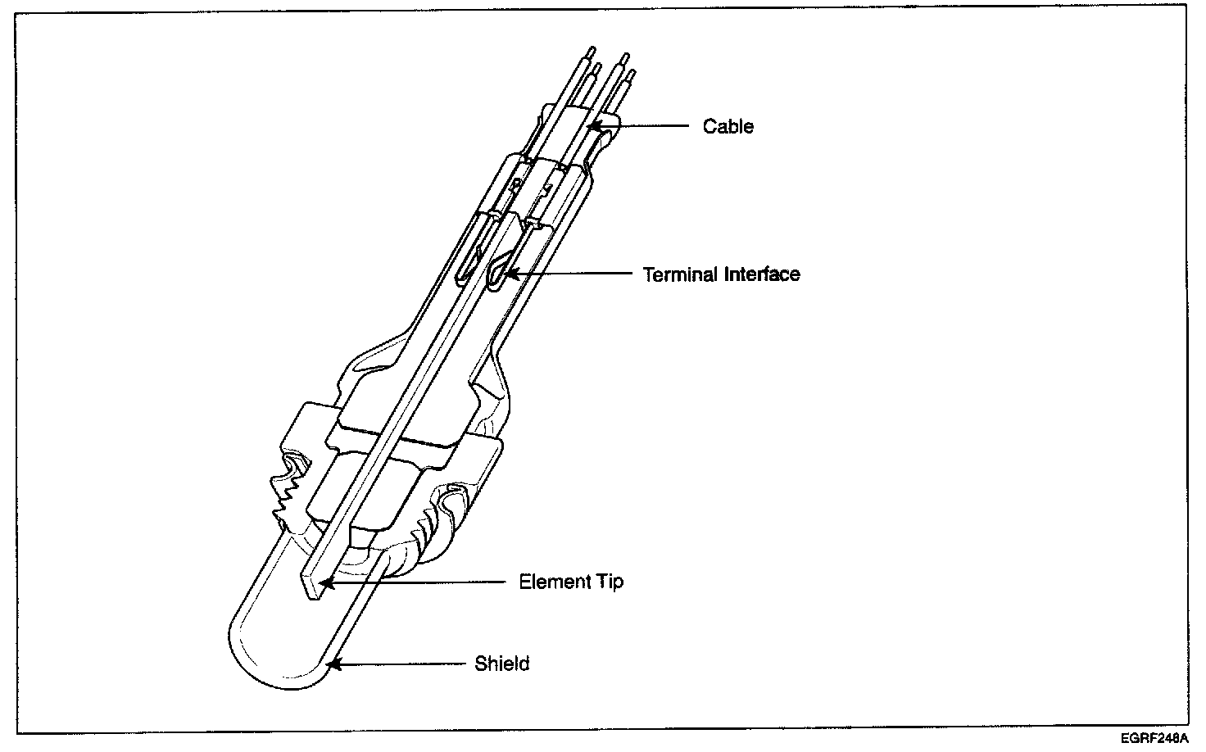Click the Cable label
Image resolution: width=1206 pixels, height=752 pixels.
[728, 126]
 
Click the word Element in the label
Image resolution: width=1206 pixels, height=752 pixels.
[553, 582]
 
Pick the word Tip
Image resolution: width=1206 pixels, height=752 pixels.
[610, 582]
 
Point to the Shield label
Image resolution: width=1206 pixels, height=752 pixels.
[501, 663]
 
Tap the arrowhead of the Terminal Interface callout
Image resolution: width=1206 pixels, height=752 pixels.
[509, 275]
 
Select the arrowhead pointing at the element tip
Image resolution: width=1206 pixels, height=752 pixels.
[326, 583]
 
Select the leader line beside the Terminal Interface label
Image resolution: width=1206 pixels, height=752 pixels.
[574, 274]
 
